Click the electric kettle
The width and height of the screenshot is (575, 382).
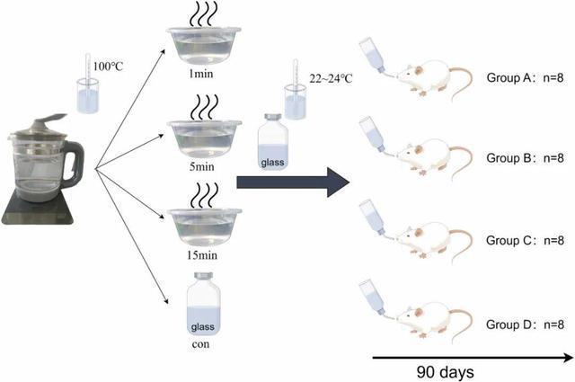(44, 175)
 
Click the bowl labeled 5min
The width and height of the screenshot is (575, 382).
(204, 138)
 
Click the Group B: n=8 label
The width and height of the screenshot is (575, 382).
(526, 157)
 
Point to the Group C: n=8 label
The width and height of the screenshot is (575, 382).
(526, 241)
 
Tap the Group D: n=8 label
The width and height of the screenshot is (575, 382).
(526, 324)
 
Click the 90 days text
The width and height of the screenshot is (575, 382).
(445, 371)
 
